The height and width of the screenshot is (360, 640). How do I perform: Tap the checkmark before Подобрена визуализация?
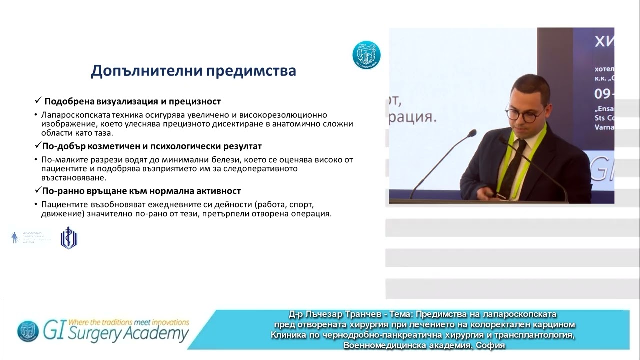point(38,101)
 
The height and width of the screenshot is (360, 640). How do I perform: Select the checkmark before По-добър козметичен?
point(38,146)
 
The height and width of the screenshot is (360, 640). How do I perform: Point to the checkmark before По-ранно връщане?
point(38,191)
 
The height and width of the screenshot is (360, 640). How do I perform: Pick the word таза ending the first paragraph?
point(103,133)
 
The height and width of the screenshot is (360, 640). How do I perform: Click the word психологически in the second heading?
point(200,146)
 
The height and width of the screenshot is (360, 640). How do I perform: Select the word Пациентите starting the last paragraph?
point(61,204)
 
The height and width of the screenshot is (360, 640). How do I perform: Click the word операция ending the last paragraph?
point(313,214)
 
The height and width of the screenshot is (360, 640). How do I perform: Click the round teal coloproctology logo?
point(366,55)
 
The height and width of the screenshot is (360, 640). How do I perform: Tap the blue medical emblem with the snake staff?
point(68,238)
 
